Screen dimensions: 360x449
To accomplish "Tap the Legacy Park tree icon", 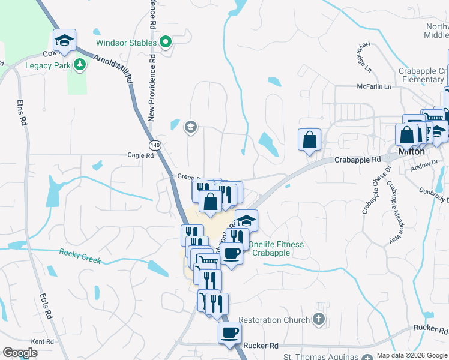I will click(79, 64).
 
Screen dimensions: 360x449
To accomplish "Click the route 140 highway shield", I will click(155, 145).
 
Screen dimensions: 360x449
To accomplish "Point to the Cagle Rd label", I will click(141, 155).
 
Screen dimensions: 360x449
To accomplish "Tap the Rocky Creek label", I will click(80, 256).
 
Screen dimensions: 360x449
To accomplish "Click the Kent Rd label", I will click(42, 341).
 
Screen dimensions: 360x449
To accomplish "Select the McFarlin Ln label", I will click(374, 87).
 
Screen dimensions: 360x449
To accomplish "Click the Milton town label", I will click(411, 152).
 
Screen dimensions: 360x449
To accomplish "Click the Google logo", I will click(20, 352).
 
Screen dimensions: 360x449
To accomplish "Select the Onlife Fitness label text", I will click(276, 248).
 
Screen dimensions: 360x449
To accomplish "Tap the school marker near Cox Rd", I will click(64, 40).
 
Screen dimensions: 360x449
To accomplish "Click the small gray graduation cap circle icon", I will click(191, 127).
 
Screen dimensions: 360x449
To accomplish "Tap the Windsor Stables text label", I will click(127, 43).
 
